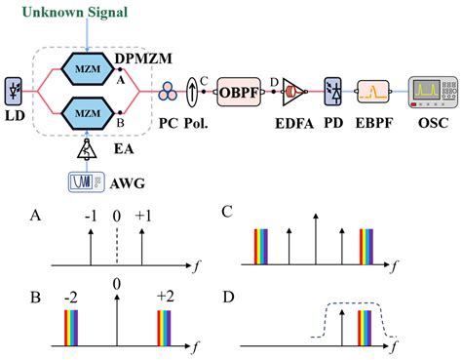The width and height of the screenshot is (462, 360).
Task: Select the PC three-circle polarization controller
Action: pyautogui.click(x=171, y=92)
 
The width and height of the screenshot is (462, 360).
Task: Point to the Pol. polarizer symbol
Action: pyautogui.click(x=193, y=91)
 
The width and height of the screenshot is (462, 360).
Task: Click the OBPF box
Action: pyautogui.click(x=239, y=92)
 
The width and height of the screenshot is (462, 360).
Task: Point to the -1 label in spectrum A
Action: pyautogui.click(x=91, y=215)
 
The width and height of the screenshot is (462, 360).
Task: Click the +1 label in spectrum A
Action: pyautogui.click(x=143, y=215)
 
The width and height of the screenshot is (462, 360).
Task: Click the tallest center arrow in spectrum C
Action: pyautogui.click(x=315, y=239)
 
